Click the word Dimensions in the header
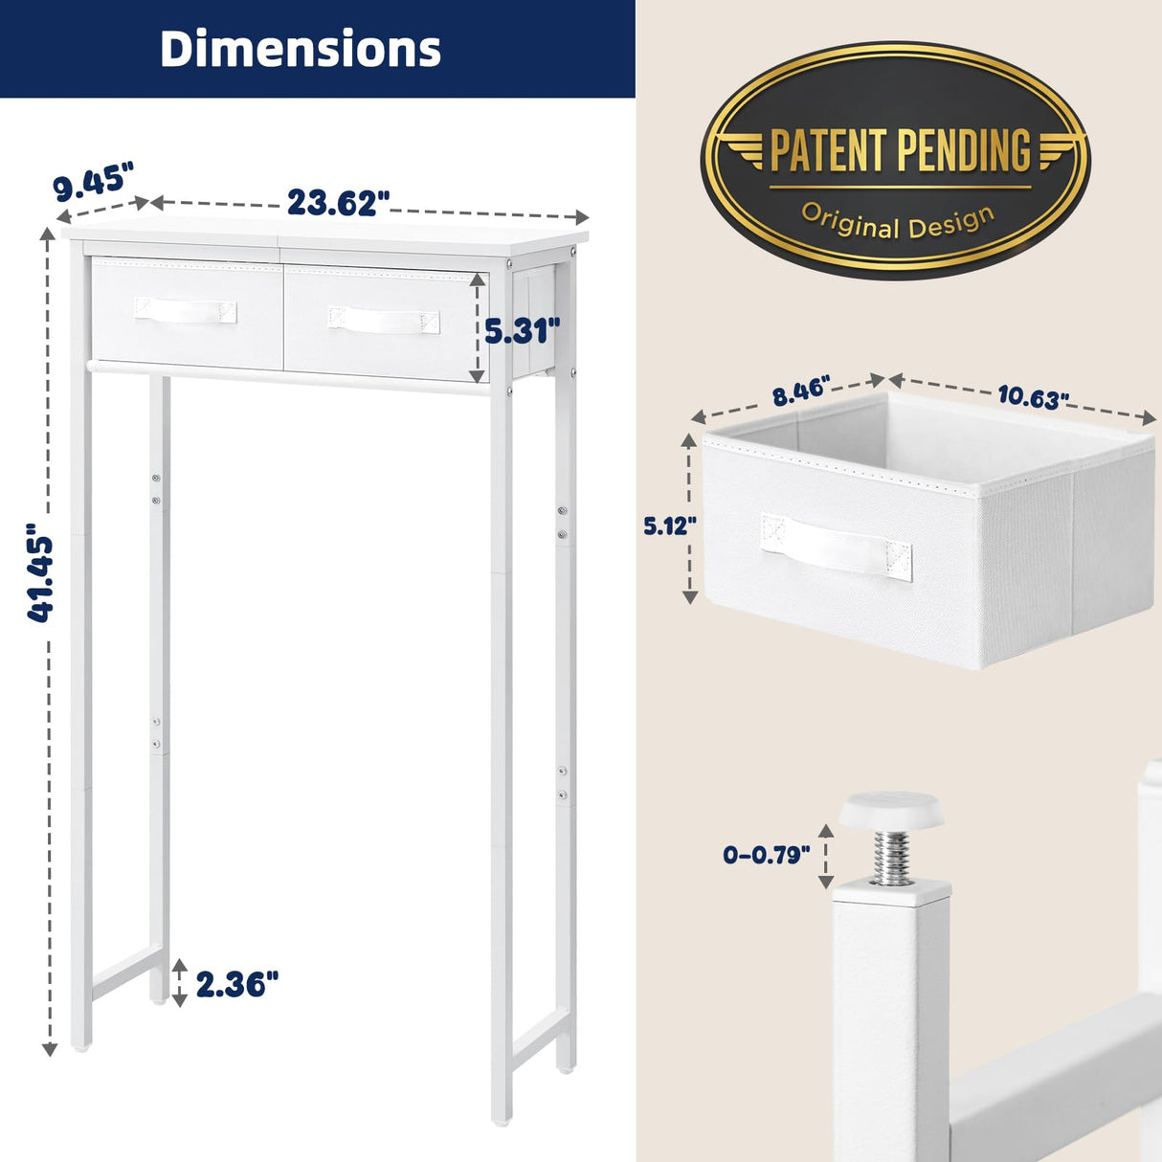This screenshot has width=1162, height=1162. coord(300,49)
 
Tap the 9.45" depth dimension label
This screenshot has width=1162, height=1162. coord(93,182)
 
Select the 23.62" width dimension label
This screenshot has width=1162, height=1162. coord(338,203)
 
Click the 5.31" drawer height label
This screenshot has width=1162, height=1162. coord(522,331)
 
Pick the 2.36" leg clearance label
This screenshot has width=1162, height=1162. coord(237,984)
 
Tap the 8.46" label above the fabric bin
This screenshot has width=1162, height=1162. coord(800,392)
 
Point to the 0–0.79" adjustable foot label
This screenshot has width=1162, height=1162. coord(767,855)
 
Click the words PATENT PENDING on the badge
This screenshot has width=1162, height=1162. coord(900,150)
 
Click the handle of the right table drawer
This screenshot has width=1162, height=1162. coord(384,320)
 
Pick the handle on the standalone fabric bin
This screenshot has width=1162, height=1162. coord(836,547)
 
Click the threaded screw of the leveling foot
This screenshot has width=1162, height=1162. coord(891,856)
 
